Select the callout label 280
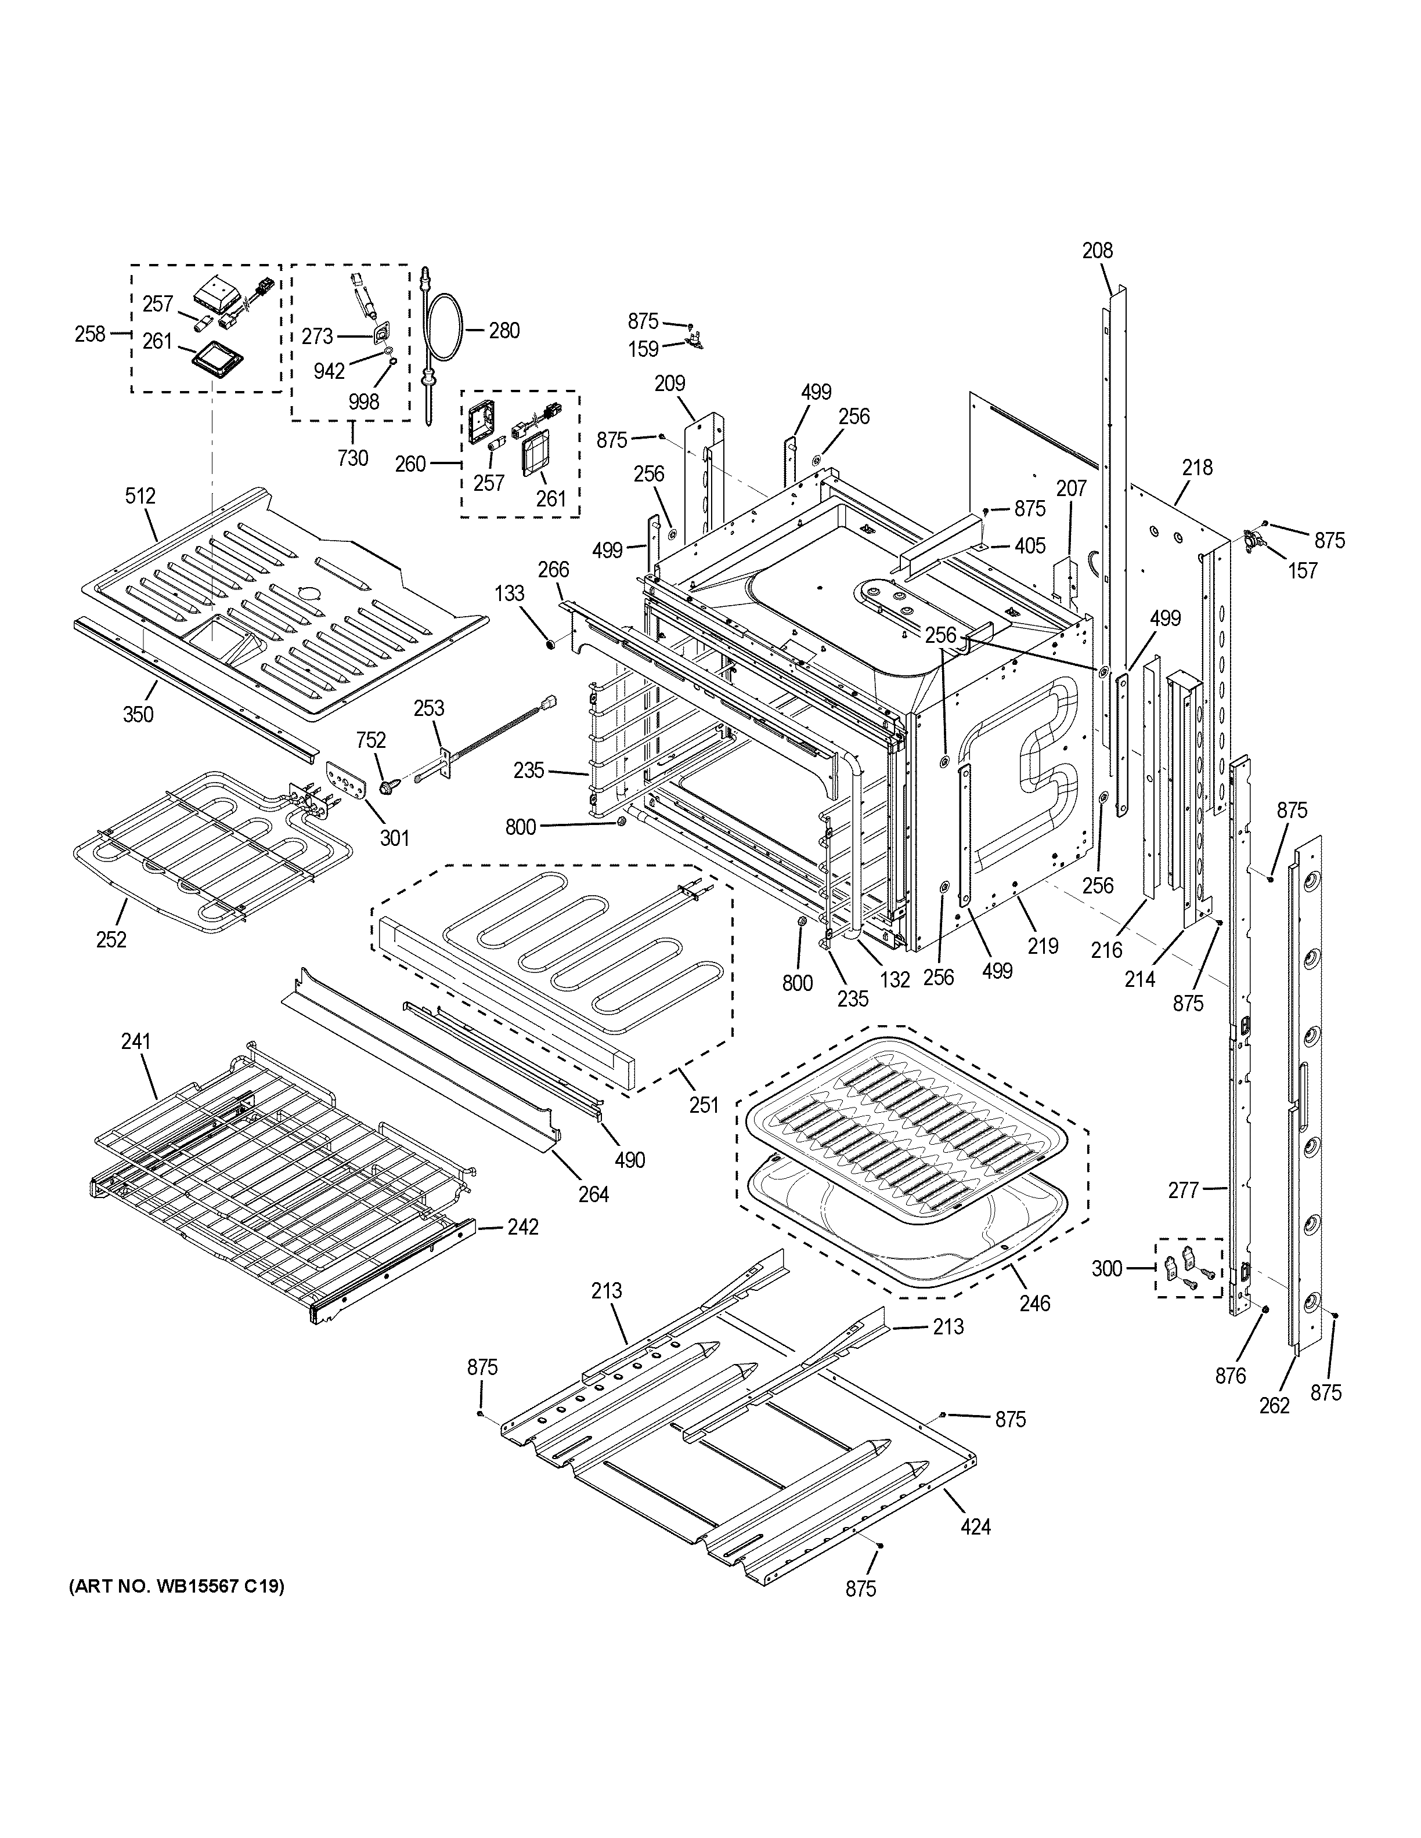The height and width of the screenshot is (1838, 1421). [504, 331]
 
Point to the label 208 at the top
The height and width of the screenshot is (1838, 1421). [1097, 250]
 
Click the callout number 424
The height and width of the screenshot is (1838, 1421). [976, 1526]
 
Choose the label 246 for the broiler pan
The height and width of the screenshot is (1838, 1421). [1034, 1304]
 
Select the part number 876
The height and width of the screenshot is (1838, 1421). [1230, 1377]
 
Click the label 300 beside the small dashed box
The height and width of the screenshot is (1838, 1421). [1107, 1268]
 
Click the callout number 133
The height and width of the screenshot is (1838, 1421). [509, 594]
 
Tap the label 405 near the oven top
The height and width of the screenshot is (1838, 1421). [1030, 545]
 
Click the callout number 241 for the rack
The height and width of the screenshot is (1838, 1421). [135, 1042]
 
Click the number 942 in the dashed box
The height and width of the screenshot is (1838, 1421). [329, 371]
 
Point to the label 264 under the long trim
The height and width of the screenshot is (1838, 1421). [593, 1193]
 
